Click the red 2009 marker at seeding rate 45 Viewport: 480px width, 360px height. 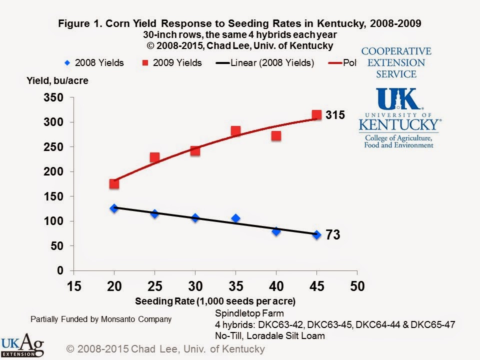tap(316, 115)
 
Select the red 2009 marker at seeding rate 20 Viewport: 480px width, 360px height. tap(114, 183)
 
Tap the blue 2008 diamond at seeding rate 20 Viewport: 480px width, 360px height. tap(114, 208)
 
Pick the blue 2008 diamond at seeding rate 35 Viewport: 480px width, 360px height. tap(235, 218)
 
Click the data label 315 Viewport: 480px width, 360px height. tap(335, 115)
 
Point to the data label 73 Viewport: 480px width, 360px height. tap(333, 234)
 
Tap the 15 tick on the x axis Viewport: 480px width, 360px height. tap(73, 286)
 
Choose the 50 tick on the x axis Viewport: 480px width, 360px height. tap(357, 286)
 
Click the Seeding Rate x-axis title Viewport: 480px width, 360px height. tap(215, 301)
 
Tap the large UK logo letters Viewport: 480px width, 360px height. tap(399, 99)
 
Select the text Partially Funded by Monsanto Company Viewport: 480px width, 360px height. tap(101, 319)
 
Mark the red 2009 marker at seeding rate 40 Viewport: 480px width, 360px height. tap(276, 135)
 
